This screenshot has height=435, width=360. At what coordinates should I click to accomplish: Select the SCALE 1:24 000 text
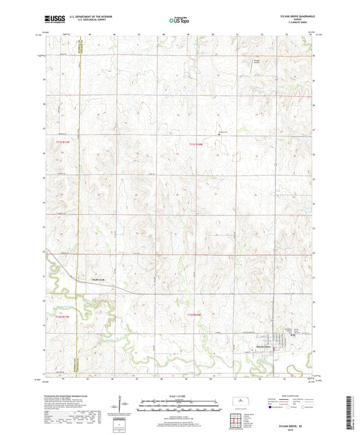179,395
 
